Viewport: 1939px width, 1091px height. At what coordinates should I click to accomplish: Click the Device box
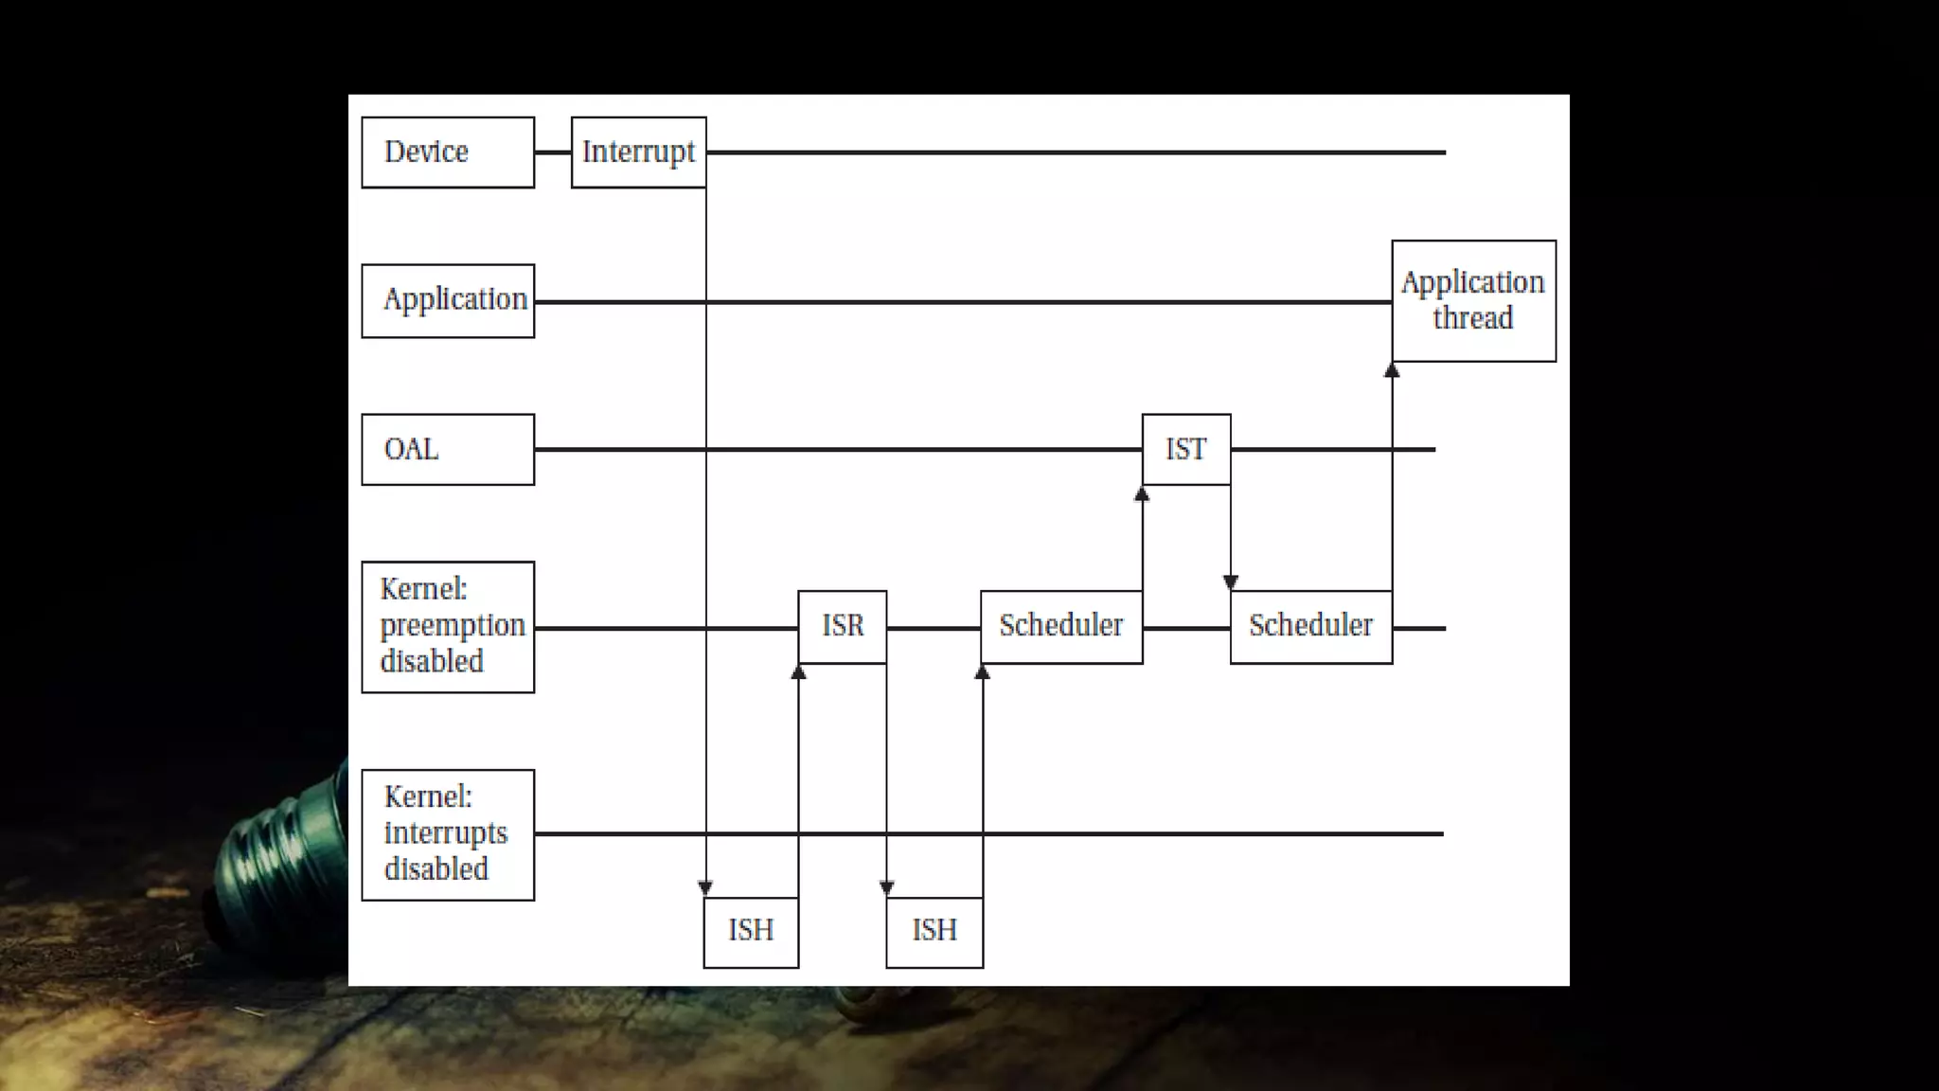point(448,152)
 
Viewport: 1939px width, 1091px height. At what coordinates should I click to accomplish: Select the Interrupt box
point(638,152)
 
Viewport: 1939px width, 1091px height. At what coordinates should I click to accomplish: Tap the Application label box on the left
point(448,300)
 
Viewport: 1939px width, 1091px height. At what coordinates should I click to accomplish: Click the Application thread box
point(1473,300)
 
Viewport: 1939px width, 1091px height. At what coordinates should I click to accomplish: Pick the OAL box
point(448,449)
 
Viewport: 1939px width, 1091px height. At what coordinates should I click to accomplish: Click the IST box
point(1185,449)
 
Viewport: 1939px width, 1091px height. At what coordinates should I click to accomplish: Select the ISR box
point(842,626)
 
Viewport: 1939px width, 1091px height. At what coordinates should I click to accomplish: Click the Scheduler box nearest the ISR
point(1060,626)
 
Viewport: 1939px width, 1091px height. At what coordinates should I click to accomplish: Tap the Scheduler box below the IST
point(1310,626)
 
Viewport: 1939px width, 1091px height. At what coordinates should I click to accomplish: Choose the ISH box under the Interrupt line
point(751,931)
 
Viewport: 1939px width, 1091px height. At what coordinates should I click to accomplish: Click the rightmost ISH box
point(934,931)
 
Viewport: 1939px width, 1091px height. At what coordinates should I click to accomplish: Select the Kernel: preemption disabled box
point(448,626)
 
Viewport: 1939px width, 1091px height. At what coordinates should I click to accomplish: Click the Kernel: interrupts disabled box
point(448,833)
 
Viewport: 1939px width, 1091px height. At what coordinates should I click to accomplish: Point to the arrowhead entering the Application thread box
point(1392,370)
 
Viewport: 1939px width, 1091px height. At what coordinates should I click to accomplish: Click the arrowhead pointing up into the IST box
point(1142,493)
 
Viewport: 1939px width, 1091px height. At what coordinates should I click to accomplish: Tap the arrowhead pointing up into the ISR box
point(798,671)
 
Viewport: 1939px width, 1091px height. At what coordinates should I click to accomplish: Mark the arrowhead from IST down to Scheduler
point(1230,582)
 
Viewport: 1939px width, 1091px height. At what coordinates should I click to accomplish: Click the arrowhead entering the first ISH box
point(705,887)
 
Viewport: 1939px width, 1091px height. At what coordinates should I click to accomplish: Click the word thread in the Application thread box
point(1472,318)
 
